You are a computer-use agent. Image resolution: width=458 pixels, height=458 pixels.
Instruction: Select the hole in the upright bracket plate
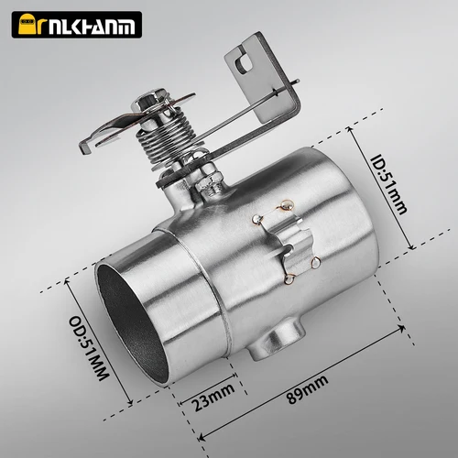(x=242, y=61)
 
